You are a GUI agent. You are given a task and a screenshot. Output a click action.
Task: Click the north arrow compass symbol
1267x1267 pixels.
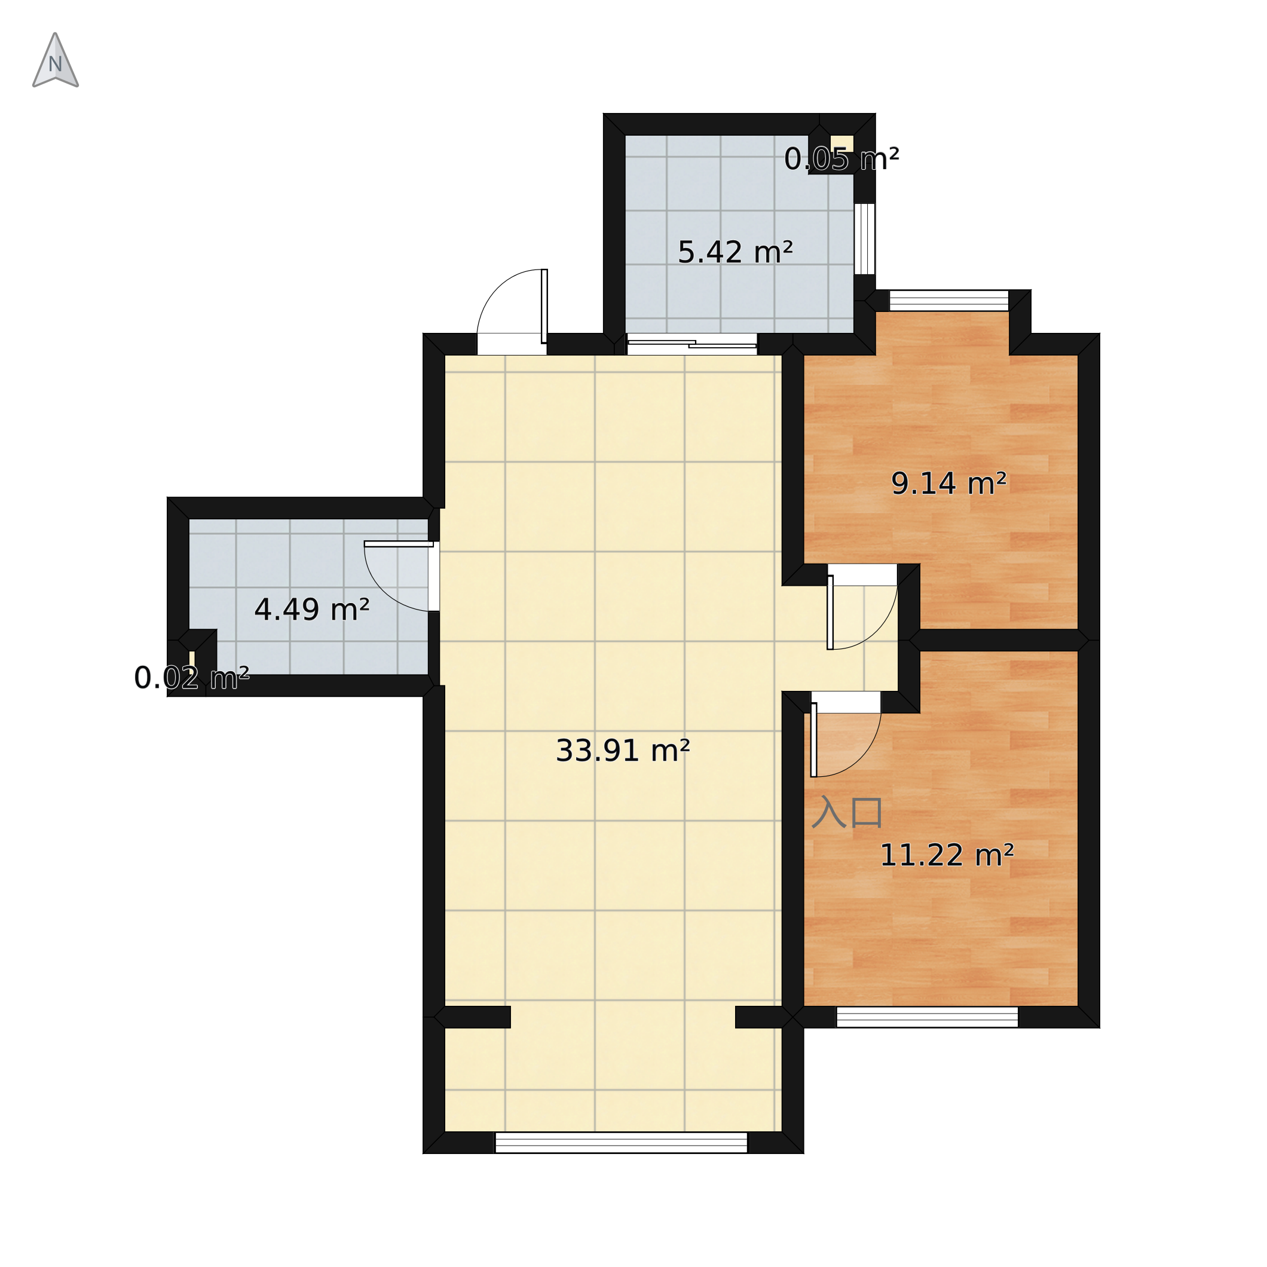click(56, 60)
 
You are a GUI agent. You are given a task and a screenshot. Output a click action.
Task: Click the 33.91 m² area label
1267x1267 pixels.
click(622, 751)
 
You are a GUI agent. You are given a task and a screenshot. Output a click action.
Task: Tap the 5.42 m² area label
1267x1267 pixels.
click(735, 252)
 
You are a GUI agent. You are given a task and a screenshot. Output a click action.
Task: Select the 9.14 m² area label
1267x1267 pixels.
click(948, 484)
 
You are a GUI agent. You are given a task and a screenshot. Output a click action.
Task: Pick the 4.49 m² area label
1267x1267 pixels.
click(311, 610)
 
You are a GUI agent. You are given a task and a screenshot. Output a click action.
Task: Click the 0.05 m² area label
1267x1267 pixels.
click(841, 160)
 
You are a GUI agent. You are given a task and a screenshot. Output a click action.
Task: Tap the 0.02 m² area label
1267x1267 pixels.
click(191, 678)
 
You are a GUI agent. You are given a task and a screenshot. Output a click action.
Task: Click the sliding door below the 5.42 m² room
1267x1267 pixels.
click(692, 344)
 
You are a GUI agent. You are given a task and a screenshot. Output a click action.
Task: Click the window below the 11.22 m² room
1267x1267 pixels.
click(926, 1017)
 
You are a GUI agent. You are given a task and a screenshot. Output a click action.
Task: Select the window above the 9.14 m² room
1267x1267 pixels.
click(948, 301)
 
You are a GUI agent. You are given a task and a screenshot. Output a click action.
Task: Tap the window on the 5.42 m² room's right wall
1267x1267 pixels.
click(864, 238)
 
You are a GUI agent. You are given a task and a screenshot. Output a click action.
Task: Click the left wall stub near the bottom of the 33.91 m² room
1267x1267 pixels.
click(472, 1017)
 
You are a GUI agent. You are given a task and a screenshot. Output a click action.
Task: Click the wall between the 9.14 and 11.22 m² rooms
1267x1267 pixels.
click(999, 640)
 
